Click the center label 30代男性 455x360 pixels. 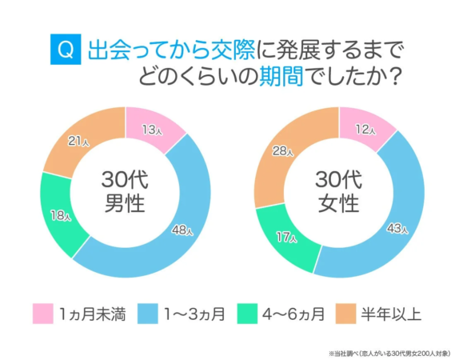click(x=126, y=190)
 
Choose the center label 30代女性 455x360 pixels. click(x=340, y=190)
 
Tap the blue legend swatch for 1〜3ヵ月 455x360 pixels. click(x=149, y=313)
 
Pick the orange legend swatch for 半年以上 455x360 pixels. click(x=346, y=313)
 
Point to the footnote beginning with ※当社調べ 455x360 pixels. click(x=387, y=351)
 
